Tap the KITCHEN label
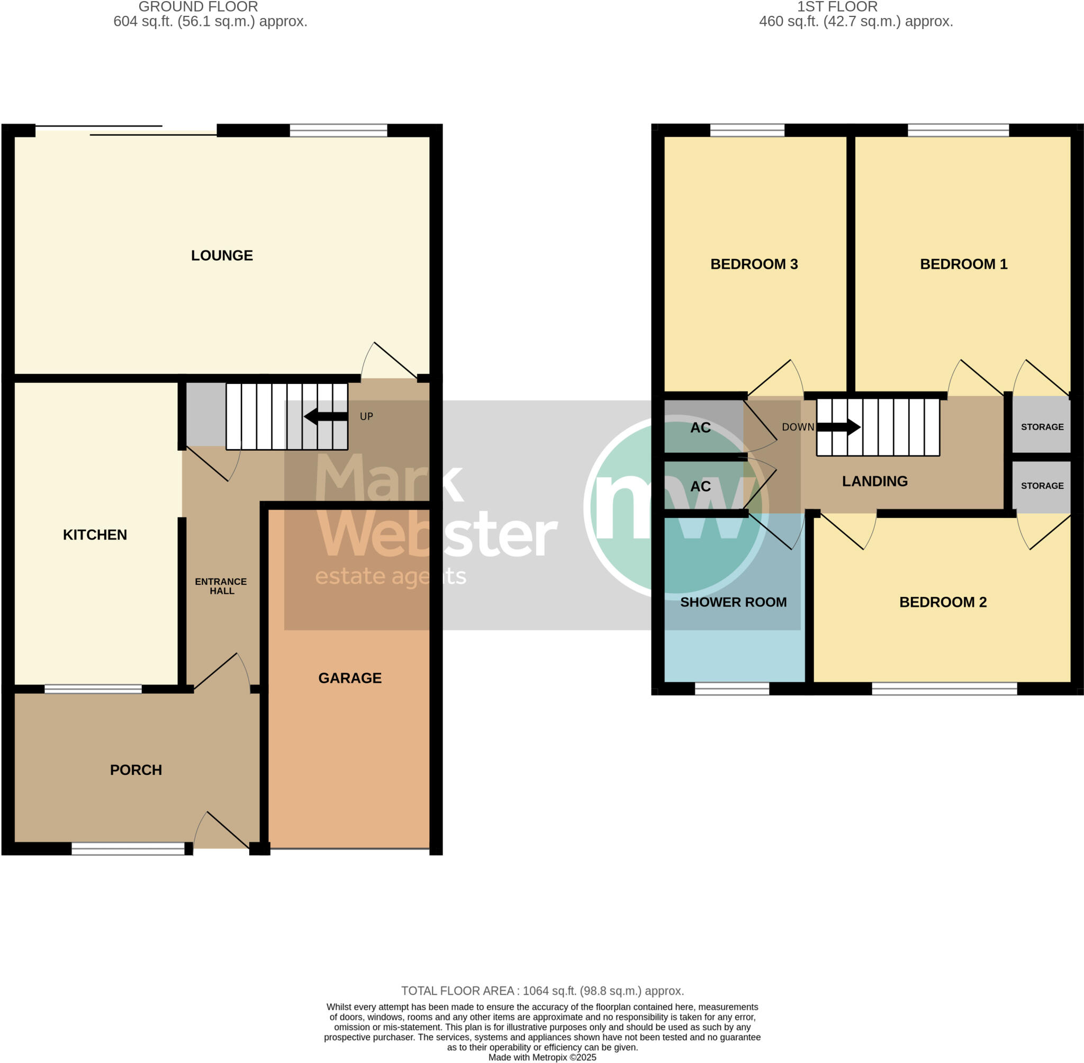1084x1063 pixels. click(x=95, y=534)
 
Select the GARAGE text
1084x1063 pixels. click(x=350, y=678)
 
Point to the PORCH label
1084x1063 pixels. click(x=135, y=770)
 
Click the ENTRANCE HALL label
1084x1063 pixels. click(x=221, y=586)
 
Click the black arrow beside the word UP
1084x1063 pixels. click(x=326, y=416)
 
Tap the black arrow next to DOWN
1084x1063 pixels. click(x=838, y=427)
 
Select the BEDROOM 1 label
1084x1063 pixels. click(x=963, y=264)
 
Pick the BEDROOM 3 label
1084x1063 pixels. click(x=754, y=264)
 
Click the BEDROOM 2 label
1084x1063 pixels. click(x=942, y=602)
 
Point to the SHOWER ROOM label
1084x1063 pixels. click(x=733, y=602)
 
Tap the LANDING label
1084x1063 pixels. click(x=874, y=481)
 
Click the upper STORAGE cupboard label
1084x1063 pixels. click(x=1042, y=426)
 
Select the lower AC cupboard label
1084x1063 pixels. click(x=700, y=486)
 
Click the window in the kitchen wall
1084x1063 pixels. click(x=93, y=689)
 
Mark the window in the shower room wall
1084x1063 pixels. click(x=731, y=689)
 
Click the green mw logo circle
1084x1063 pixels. click(x=675, y=507)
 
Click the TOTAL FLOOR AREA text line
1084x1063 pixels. click(x=541, y=990)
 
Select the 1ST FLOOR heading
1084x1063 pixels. click(x=837, y=7)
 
